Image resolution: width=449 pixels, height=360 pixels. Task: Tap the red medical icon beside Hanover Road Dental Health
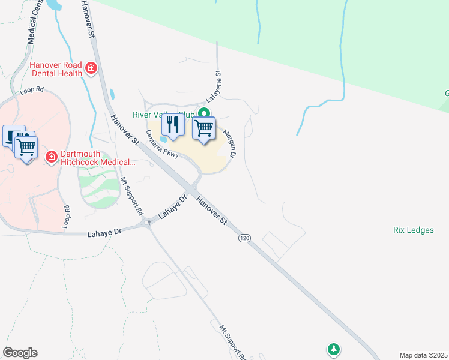tap(91, 68)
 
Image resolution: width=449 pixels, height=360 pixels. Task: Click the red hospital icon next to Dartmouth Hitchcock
tap(52, 157)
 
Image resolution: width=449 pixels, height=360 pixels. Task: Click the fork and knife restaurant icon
tap(173, 125)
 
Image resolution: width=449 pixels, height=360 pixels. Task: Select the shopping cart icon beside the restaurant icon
tap(204, 128)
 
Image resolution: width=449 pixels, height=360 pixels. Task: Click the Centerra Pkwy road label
tap(163, 145)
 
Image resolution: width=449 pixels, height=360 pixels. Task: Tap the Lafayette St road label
tap(214, 87)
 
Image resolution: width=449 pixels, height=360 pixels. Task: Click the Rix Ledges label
tap(413, 230)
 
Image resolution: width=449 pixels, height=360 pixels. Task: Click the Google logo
tap(20, 353)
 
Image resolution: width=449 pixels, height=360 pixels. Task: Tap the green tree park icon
tap(333, 349)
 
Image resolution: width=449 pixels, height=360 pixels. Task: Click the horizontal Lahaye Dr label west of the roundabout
tap(104, 231)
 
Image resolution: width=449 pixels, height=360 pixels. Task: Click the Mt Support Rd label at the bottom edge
tap(233, 343)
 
